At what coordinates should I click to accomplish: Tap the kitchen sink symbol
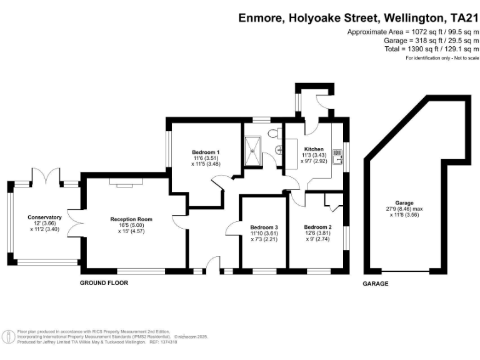tap(337, 156)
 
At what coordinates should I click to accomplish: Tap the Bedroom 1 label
tap(206, 152)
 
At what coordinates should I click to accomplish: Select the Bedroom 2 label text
tap(317, 227)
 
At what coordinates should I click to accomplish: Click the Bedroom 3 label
tap(264, 227)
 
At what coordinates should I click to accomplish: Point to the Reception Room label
tap(131, 219)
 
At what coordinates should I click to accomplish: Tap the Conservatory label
tap(44, 217)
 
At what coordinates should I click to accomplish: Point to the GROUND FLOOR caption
tap(104, 283)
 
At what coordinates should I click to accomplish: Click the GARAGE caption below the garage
tap(376, 284)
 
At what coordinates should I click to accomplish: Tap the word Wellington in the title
tap(400, 17)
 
